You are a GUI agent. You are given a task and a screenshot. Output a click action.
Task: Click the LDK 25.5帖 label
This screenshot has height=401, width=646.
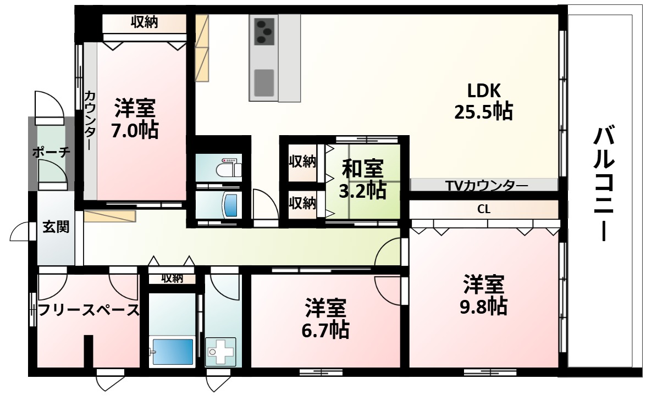(483, 101)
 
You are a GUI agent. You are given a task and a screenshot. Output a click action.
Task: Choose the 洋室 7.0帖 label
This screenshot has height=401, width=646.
(135, 119)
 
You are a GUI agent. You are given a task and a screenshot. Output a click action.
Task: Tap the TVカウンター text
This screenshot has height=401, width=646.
(484, 186)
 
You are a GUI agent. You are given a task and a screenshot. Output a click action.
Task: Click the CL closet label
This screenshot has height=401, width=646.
(484, 209)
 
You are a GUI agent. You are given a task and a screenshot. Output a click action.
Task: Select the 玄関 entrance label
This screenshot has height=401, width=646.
(56, 227)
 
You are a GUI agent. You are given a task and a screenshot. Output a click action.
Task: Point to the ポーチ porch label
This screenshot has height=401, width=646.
(51, 152)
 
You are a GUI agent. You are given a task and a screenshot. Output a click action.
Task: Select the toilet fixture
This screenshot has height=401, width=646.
(229, 167)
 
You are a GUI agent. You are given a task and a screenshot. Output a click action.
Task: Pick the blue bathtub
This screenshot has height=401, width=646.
(173, 352)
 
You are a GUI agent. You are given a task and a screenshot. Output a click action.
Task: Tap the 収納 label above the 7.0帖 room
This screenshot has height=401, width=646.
(144, 23)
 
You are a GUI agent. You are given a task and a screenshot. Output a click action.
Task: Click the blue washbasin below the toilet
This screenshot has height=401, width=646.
(230, 205)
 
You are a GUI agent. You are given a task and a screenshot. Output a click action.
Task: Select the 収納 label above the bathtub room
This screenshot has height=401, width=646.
(172, 278)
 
